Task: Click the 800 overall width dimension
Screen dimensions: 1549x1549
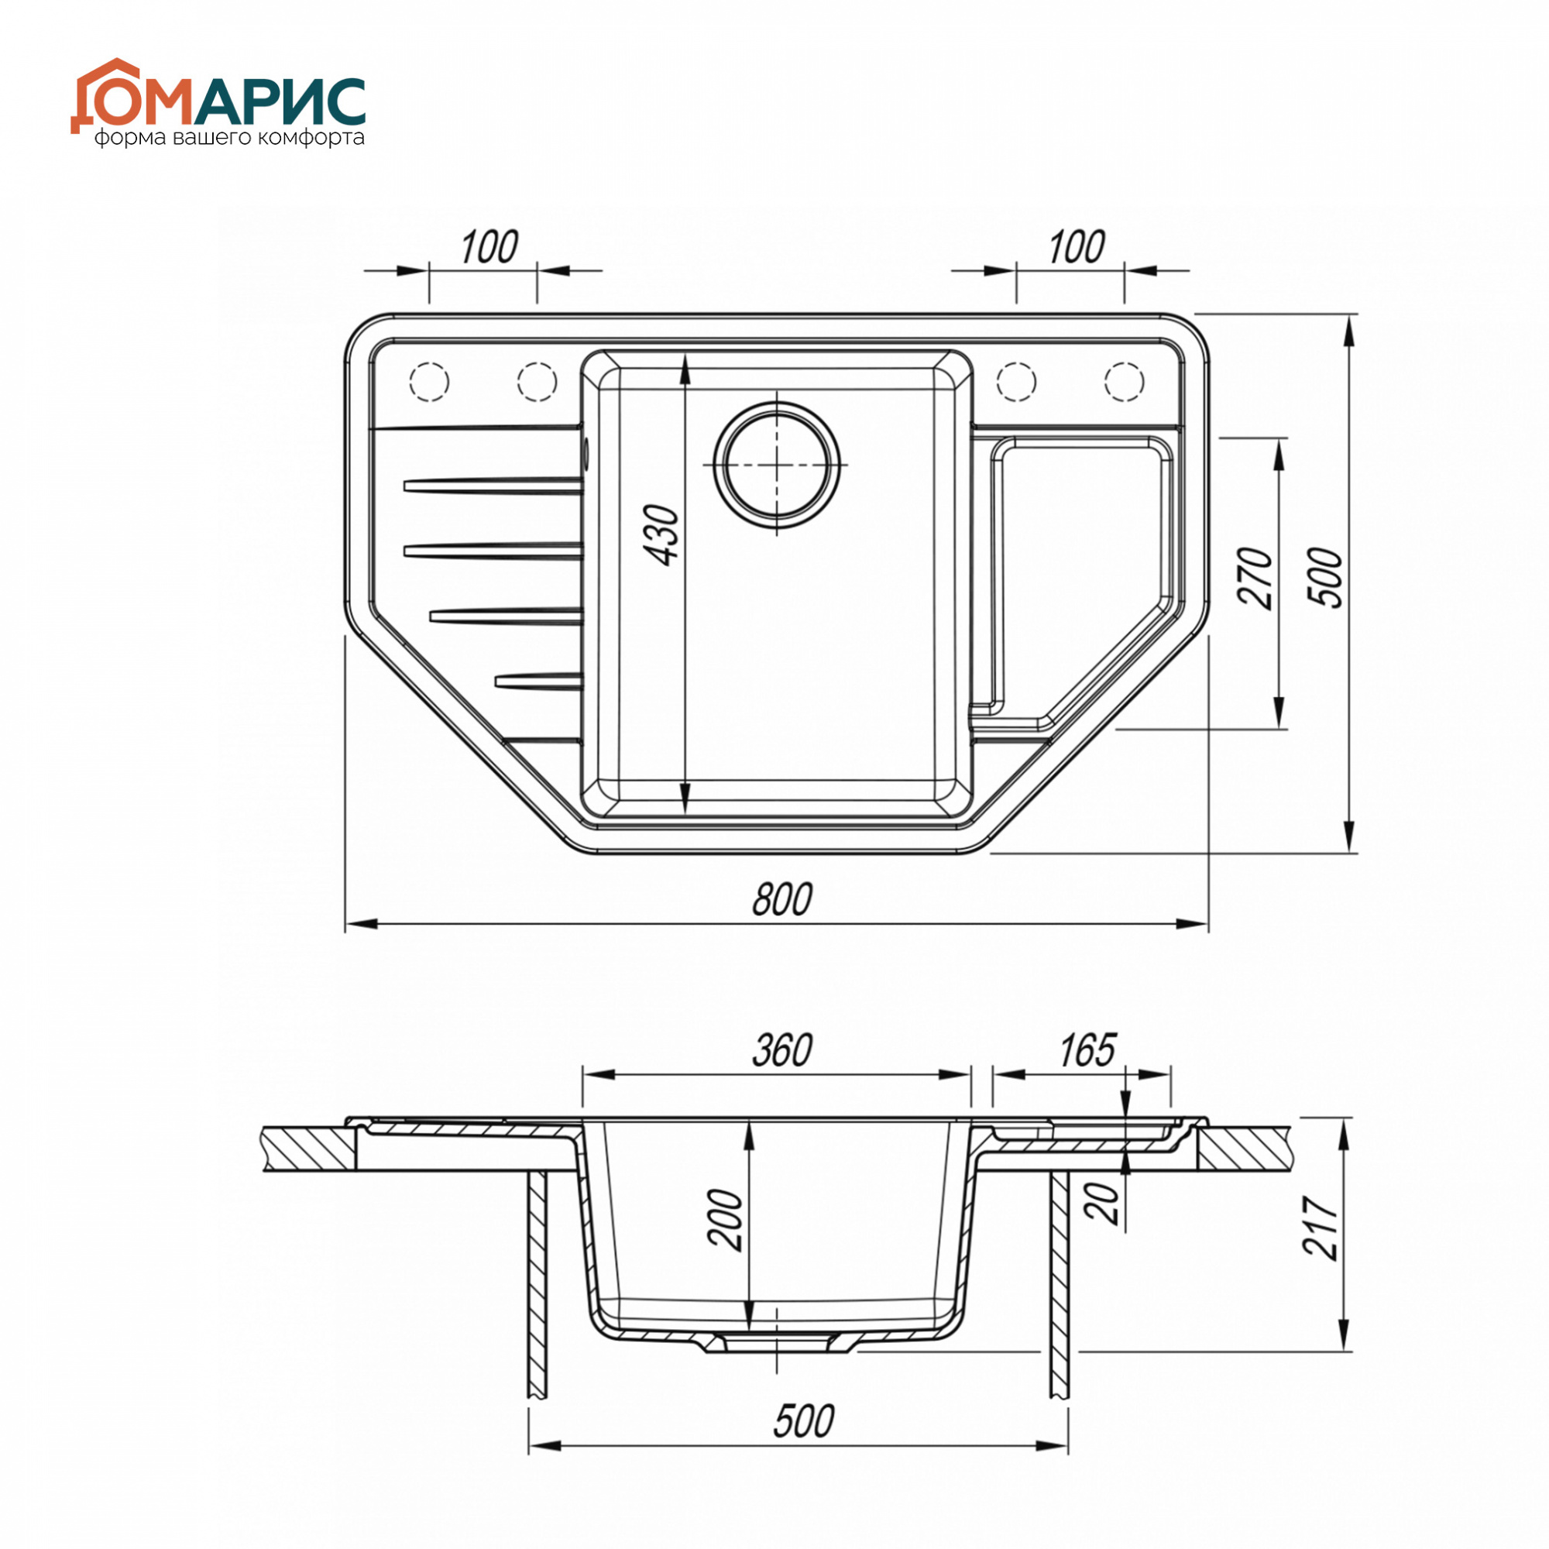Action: coord(782,898)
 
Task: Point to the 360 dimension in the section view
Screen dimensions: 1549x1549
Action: coord(782,1050)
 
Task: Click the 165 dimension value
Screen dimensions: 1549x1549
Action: coord(1087,1050)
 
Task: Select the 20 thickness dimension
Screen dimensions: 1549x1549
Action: coord(1106,1226)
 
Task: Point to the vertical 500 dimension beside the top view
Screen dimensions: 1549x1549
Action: coord(1324,578)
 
